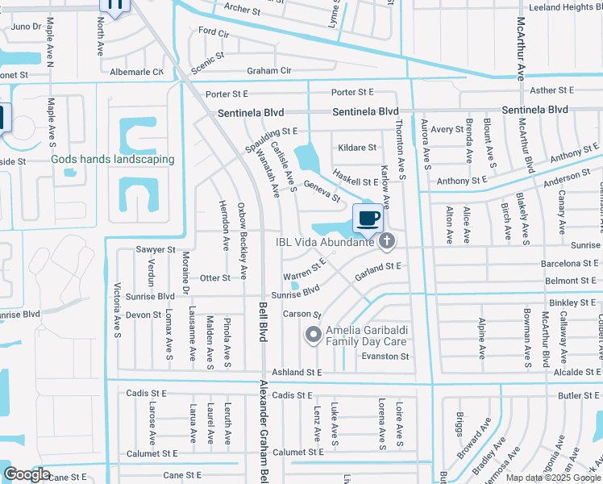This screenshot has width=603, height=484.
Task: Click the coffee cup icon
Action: tap(368, 218)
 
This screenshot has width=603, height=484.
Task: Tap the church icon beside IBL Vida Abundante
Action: tap(387, 240)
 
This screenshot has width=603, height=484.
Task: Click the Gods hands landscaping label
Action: tap(113, 159)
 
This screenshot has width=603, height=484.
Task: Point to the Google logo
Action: tap(26, 475)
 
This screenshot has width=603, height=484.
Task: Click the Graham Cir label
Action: tap(269, 71)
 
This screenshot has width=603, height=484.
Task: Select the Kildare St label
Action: tap(358, 148)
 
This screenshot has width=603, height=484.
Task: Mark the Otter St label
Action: tap(215, 277)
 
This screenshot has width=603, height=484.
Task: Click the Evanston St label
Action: tap(386, 356)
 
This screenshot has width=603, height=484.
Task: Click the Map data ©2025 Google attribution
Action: tap(554, 478)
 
